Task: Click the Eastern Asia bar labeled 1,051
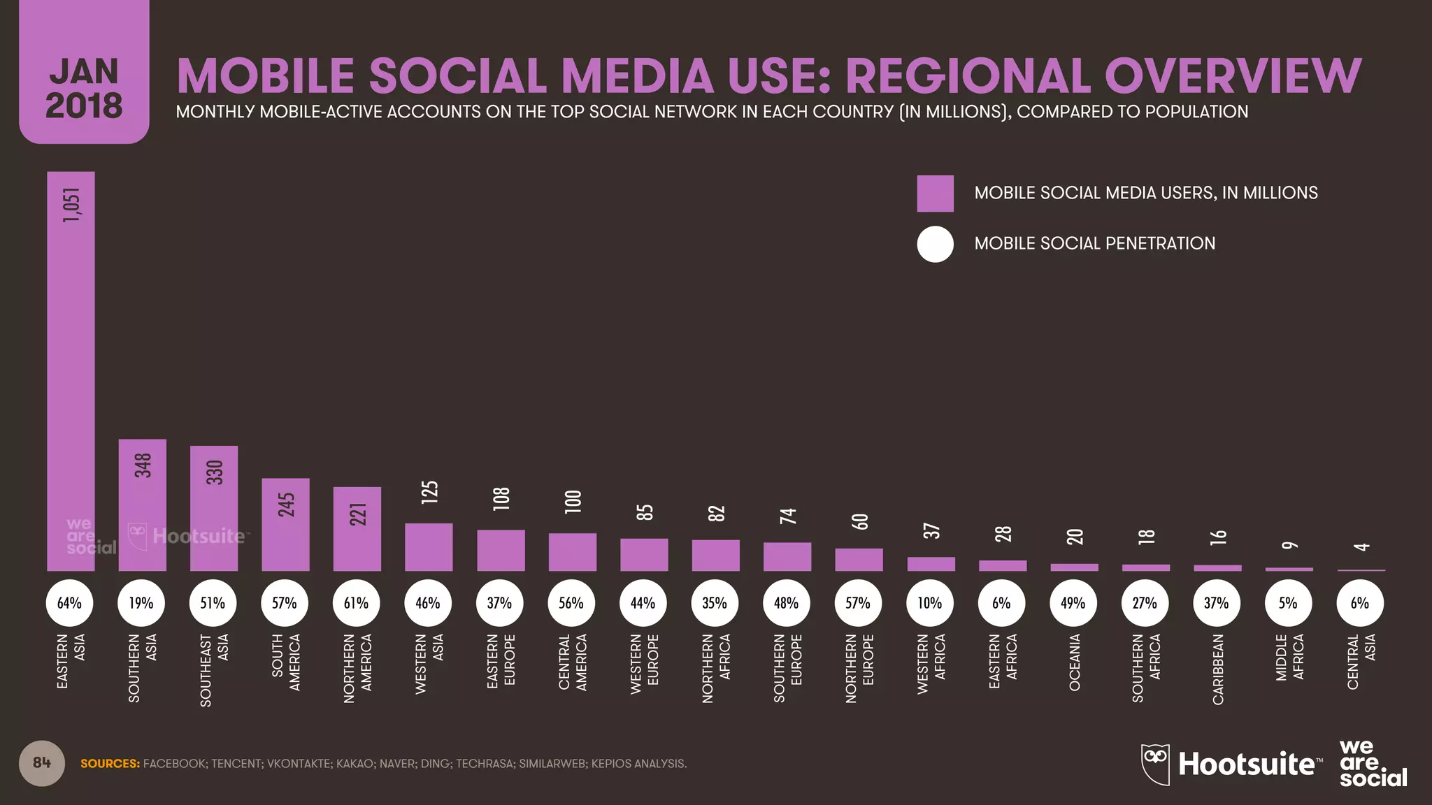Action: [x=71, y=370]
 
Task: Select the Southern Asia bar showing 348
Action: [x=143, y=505]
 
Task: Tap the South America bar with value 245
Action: [x=285, y=524]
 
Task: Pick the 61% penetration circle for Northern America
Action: [x=356, y=602]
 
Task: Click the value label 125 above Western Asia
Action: [x=429, y=492]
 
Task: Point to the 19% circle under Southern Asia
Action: [x=141, y=602]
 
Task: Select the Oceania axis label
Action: [x=1075, y=662]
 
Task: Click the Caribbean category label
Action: [x=1217, y=669]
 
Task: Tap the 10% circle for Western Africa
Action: [x=930, y=602]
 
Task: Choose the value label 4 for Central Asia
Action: [x=1361, y=546]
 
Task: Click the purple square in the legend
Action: [x=935, y=194]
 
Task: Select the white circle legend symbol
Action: [x=935, y=244]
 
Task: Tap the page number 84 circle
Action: [x=42, y=762]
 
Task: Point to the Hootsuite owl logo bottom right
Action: [x=1155, y=763]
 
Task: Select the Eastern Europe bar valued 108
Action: [x=501, y=550]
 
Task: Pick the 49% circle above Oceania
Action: [x=1073, y=602]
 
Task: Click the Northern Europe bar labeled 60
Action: [x=859, y=560]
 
